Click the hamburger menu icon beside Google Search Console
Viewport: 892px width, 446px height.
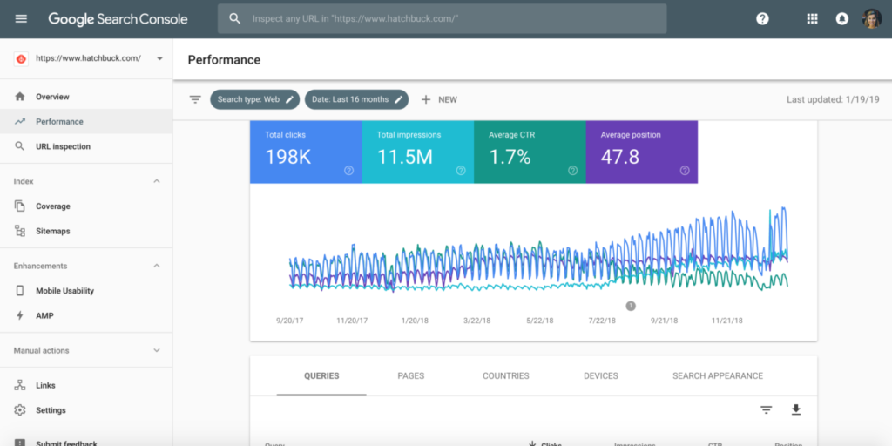[x=21, y=18]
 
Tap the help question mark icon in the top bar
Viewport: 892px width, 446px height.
[x=762, y=18]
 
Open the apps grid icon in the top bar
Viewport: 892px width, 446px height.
[x=812, y=18]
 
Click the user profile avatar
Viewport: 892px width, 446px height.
[x=871, y=18]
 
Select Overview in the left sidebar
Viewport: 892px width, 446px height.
[x=52, y=97]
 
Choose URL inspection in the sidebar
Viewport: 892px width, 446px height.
[x=63, y=146]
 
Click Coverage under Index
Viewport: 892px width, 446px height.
[x=52, y=206]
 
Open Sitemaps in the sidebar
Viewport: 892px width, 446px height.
[x=52, y=231]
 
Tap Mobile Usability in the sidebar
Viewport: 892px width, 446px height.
[x=64, y=291]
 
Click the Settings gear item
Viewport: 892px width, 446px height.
[x=51, y=410]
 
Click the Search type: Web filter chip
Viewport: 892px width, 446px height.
[x=254, y=99]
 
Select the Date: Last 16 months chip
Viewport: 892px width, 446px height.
[x=356, y=99]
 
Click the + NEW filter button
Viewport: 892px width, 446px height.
[x=439, y=99]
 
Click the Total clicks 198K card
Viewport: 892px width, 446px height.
[x=305, y=152]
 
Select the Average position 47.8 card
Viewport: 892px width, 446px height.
[x=641, y=152]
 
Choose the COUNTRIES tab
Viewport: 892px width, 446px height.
[x=505, y=376]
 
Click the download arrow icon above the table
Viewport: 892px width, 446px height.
[x=795, y=409]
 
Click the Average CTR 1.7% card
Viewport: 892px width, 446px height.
[x=530, y=152]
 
